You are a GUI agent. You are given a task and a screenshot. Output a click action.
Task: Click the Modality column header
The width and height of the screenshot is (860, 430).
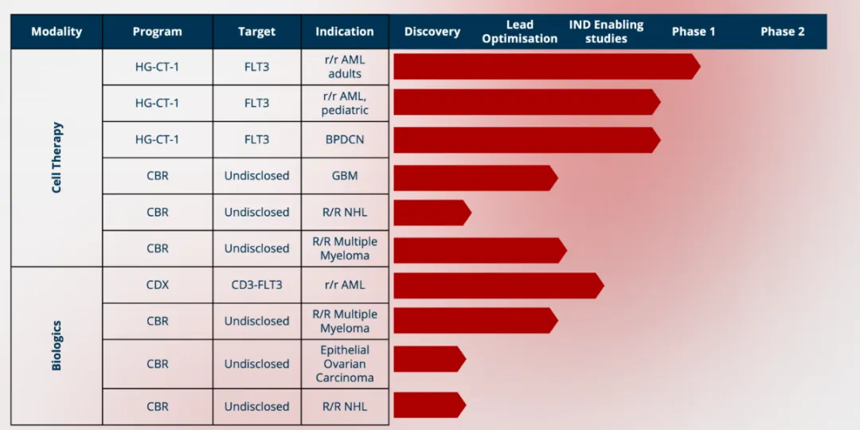point(57,32)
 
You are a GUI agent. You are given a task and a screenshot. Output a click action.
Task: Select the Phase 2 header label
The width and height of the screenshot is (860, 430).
point(782,32)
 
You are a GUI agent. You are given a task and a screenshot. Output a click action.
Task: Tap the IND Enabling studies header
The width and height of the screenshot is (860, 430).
point(606,32)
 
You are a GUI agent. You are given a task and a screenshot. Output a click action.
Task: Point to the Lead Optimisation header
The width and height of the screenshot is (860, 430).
point(520,32)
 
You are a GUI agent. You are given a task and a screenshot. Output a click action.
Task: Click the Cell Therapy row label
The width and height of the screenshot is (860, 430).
point(57,158)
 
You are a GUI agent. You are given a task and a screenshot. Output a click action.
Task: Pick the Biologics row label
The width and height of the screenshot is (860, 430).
point(57,346)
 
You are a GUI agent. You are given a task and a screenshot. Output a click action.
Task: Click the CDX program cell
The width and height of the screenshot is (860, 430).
point(158,284)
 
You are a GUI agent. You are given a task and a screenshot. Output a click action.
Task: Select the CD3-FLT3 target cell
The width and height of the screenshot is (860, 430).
point(257,284)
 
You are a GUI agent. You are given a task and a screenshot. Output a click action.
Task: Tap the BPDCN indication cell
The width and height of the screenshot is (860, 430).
point(345,139)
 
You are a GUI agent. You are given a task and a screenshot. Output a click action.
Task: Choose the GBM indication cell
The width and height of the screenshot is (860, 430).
point(345,176)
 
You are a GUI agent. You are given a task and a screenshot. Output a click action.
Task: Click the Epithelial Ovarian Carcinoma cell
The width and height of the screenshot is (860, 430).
point(345,364)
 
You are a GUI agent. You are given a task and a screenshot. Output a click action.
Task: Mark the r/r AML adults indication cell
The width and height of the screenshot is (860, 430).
point(345,67)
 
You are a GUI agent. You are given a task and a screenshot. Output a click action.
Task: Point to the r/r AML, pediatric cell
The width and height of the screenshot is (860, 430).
point(345,104)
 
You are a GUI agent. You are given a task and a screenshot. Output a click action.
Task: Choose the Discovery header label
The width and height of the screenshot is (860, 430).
point(432,32)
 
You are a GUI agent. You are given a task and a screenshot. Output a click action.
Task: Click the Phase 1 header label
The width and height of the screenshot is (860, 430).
point(694,32)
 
